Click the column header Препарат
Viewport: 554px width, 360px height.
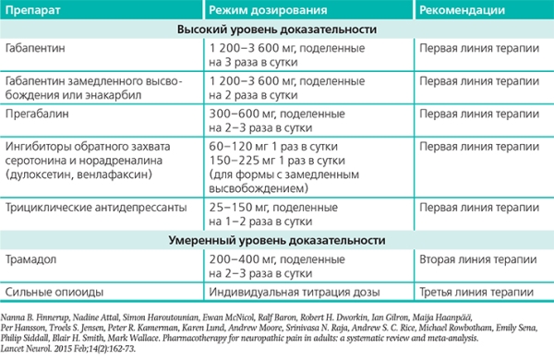click(x=32, y=10)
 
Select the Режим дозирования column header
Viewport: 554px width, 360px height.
click(x=268, y=10)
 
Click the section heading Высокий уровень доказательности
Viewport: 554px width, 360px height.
click(x=276, y=30)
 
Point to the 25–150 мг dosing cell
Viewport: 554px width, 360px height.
click(x=236, y=208)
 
